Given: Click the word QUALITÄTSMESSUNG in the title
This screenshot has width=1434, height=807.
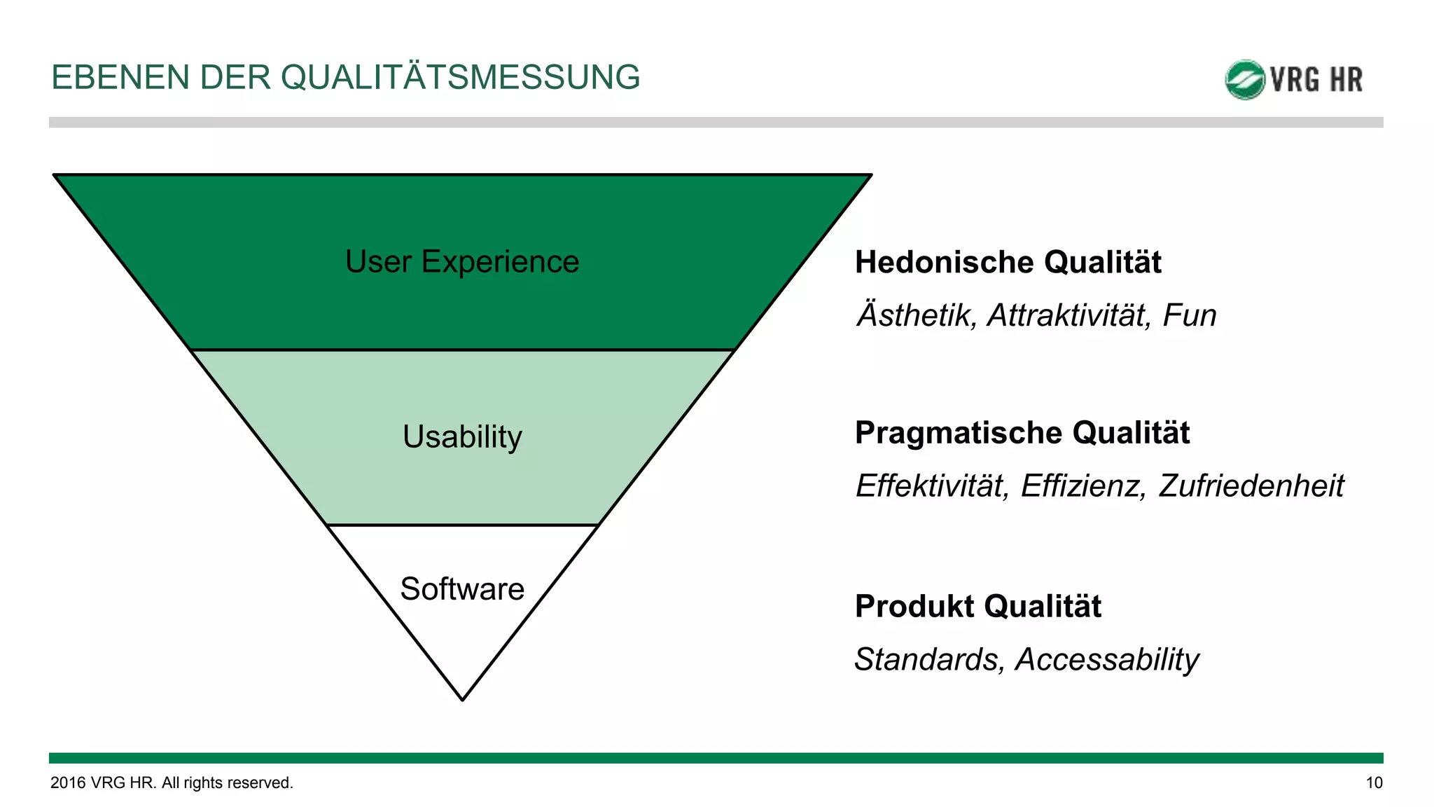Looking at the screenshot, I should tap(460, 77).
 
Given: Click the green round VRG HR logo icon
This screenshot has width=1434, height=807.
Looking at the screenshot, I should tap(1244, 80).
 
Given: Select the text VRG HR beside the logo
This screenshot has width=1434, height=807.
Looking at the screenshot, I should tap(1316, 80).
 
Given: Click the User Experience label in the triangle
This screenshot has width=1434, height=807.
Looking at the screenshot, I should tap(462, 262).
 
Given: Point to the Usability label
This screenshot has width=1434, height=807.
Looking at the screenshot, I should tap(462, 437).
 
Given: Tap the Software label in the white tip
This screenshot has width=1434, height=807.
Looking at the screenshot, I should tap(462, 589).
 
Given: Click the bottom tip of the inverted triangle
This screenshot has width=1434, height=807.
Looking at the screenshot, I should tap(463, 696).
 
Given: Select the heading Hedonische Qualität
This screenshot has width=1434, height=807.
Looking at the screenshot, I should tap(1008, 263).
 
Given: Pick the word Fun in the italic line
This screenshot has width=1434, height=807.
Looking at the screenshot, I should tap(1189, 315).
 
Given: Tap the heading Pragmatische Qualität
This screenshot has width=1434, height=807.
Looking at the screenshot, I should tap(1022, 433).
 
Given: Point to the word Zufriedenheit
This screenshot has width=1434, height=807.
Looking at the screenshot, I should tap(1251, 486).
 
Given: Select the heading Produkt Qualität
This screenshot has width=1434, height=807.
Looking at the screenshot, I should tap(977, 607).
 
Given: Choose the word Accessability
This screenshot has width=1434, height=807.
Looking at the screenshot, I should tap(1107, 660).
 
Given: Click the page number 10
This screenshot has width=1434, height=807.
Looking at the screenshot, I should tap(1374, 783).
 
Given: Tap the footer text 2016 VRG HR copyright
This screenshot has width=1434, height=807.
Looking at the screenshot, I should tap(172, 783).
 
